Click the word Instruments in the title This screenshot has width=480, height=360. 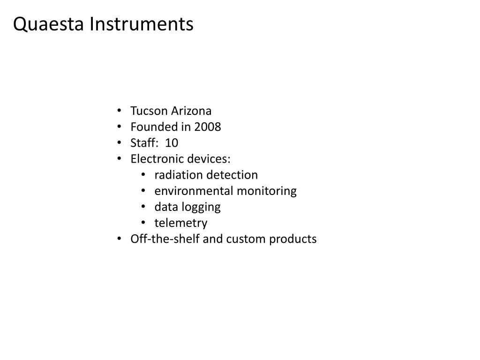pyautogui.click(x=142, y=24)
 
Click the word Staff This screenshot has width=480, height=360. pyautogui.click(x=142, y=143)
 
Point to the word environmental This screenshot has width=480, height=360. pyautogui.click(x=194, y=191)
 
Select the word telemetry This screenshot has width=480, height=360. pyautogui.click(x=180, y=223)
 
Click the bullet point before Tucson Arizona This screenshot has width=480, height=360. pyautogui.click(x=120, y=111)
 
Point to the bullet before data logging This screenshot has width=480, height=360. pyautogui.click(x=144, y=207)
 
